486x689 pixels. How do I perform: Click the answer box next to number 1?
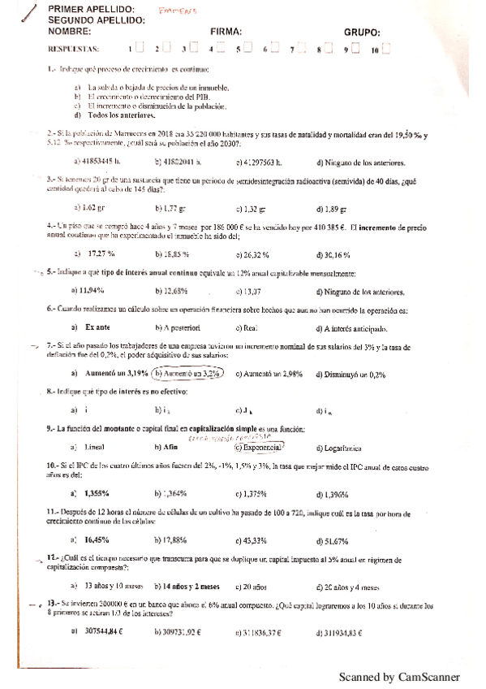pos(141,49)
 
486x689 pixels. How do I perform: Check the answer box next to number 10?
pos(385,49)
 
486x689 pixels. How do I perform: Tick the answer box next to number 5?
pos(249,49)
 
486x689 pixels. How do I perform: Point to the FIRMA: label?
pos(226,32)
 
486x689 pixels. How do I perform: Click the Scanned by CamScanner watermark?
pos(399,676)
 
